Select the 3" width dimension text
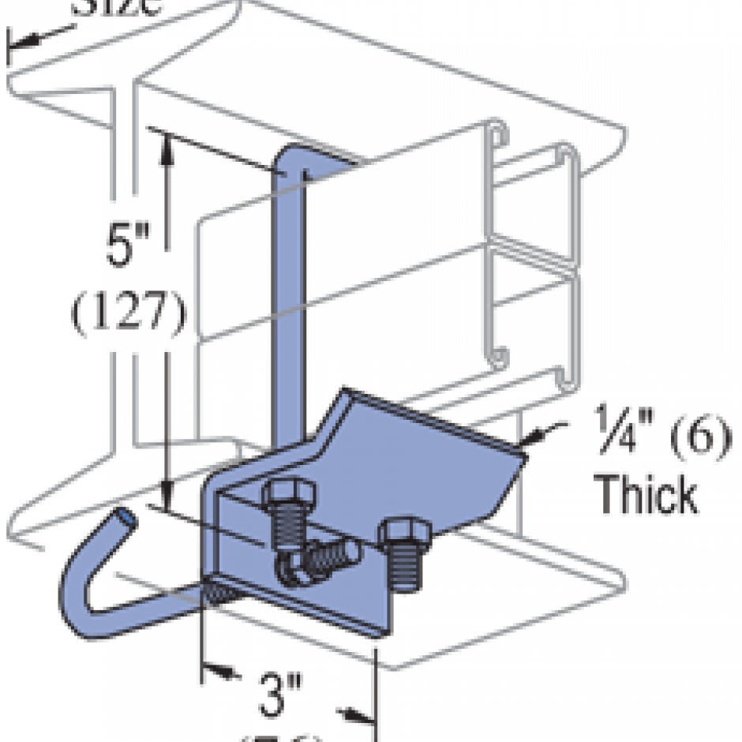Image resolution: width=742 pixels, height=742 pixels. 280,693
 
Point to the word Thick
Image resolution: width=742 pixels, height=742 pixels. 645,493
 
